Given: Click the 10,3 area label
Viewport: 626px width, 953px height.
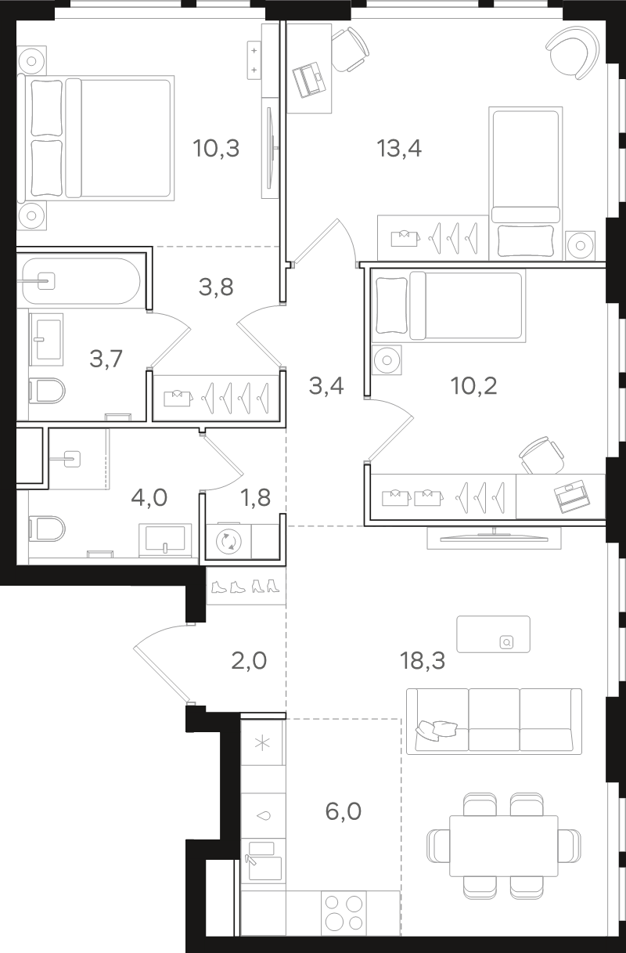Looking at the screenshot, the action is pos(216,149).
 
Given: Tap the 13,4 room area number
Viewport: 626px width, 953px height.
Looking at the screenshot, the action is pos(399,149).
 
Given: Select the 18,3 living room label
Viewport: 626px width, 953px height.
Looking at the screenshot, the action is pos(423,661).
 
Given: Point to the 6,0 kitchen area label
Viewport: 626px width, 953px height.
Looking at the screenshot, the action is pos(344,811).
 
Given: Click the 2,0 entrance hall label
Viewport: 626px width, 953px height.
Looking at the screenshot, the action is pos(249,661).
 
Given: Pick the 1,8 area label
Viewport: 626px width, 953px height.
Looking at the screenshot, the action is pos(256,497).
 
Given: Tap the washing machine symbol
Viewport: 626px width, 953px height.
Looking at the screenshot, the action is pos(228,542).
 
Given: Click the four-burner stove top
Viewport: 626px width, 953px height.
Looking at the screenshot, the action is pos(344,912).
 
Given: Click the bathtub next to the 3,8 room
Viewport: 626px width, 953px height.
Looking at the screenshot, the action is pos(81,281).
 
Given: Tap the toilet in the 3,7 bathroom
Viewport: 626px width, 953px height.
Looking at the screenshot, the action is pos(47,391).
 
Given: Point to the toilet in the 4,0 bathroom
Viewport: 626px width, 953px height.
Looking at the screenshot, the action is pos(47,529).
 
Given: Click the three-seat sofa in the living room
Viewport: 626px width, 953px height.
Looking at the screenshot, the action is pos(494,721).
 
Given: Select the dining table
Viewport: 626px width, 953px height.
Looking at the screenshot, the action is pos(504,846).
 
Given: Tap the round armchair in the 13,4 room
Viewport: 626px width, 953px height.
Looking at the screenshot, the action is pos(573,52).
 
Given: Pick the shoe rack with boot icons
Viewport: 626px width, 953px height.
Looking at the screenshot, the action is pos(246,586).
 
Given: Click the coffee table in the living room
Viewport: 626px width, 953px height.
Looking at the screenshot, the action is pos(493,634).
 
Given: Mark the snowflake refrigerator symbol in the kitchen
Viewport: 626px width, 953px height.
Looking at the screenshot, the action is pos(262,743).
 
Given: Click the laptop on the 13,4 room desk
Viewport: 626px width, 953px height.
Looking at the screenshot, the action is pos(309,80).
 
